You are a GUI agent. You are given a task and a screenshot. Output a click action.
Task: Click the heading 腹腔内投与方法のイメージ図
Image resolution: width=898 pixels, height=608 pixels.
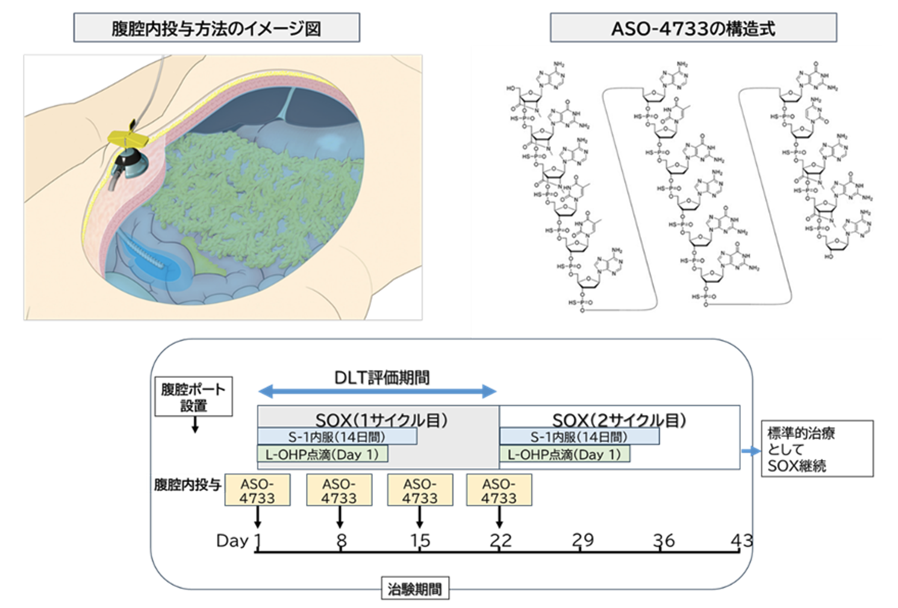pos(216,28)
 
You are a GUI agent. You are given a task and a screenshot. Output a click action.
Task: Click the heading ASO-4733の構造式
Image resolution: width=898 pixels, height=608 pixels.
pos(693,28)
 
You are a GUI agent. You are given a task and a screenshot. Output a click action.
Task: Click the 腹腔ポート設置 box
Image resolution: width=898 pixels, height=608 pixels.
pos(193,397)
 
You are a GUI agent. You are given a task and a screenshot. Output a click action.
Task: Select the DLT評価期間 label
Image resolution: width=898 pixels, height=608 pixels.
pos(382,377)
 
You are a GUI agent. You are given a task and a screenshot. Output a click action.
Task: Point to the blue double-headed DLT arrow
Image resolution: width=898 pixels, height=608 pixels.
pos(377,392)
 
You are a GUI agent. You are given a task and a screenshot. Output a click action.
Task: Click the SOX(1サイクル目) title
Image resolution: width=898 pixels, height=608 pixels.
pos(381,420)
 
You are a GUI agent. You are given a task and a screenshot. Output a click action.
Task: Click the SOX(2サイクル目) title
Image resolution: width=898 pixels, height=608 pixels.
pos(619,420)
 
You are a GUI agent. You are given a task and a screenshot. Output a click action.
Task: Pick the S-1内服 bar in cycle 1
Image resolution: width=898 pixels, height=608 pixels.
pos(337,436)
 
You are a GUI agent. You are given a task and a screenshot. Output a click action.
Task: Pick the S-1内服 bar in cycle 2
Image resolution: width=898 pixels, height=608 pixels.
pos(579,436)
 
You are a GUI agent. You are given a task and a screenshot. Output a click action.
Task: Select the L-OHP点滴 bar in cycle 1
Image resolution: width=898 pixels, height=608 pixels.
pos(322,454)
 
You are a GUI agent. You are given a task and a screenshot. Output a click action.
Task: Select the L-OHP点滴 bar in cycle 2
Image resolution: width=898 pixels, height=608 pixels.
pos(564,454)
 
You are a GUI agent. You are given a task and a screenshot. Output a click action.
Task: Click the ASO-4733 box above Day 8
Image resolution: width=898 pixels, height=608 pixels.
pos(339,491)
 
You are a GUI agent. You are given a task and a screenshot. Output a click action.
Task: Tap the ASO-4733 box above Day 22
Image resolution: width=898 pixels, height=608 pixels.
pos(499,491)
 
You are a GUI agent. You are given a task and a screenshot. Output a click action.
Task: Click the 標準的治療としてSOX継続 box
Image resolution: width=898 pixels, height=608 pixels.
pos(817,448)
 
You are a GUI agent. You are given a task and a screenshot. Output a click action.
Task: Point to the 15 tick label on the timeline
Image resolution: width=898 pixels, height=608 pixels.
pos(420,540)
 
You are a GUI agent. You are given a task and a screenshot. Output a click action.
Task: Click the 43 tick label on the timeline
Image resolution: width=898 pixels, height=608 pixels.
pos(741,540)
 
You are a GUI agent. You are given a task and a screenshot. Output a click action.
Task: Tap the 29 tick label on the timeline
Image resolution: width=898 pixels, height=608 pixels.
pos(582,540)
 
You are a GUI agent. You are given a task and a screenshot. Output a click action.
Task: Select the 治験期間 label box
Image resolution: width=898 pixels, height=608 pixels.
pos(415,589)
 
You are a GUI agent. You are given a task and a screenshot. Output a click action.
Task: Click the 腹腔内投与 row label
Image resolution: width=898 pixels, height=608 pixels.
pos(188,485)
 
